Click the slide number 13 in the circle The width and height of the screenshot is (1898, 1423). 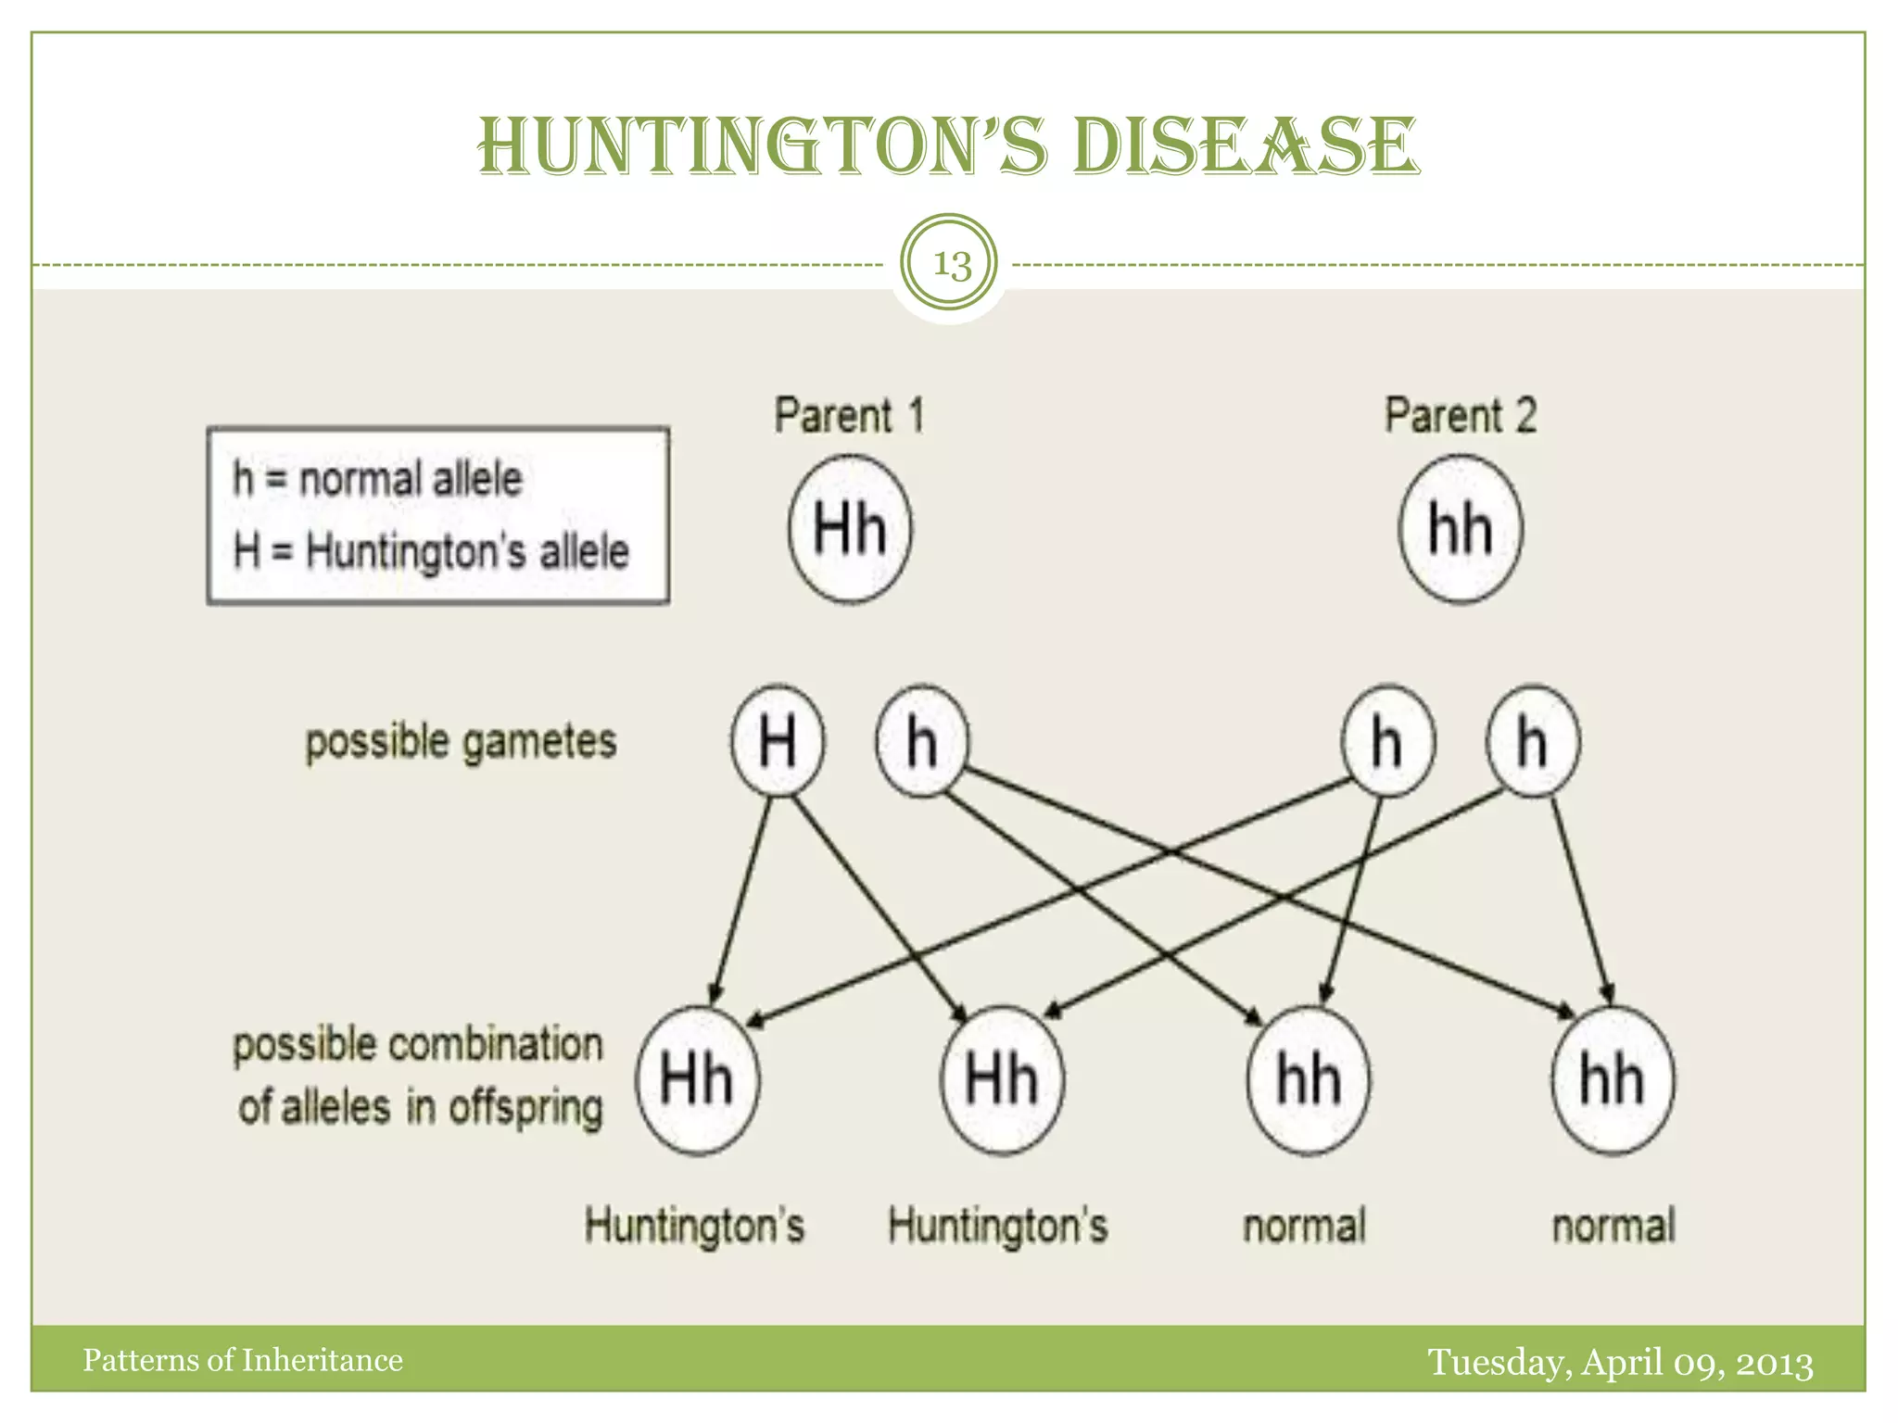pos(951,264)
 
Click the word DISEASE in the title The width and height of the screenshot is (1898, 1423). pos(1245,147)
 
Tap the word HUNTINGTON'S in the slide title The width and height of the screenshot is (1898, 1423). pos(763,147)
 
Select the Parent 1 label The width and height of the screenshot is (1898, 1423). pos(850,415)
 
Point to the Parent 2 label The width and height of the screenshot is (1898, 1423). pos(1461,415)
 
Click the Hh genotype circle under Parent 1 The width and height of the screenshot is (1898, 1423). pos(850,529)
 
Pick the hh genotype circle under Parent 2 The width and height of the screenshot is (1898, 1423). pos(1461,529)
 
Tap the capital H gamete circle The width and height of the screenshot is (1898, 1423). pos(778,741)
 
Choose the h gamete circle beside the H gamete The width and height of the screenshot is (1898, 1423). pos(922,741)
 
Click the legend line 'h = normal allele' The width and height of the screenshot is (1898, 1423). pos(377,480)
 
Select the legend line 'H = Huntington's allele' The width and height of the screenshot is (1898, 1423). pos(431,551)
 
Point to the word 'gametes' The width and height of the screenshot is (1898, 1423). pos(538,742)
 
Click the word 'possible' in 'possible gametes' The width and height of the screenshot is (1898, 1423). pos(377,742)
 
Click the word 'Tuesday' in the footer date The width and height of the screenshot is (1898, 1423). pos(1499,1363)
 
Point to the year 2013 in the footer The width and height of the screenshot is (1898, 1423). pos(1774,1363)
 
